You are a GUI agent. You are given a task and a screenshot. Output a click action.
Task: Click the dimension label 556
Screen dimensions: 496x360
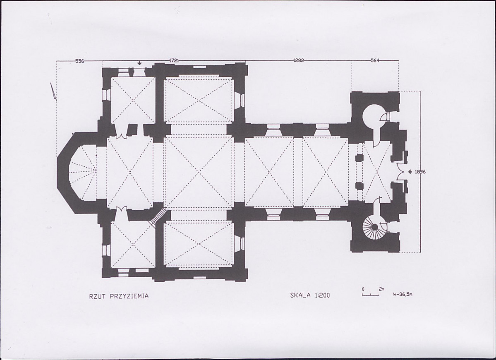(x=80, y=61)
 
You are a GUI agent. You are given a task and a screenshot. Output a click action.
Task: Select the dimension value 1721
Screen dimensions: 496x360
(x=174, y=60)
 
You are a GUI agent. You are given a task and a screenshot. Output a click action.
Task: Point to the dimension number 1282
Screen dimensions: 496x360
(x=298, y=60)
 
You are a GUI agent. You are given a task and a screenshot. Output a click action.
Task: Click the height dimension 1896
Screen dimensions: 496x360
(x=420, y=172)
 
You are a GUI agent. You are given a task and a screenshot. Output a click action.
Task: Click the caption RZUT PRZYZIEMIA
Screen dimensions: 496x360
(x=119, y=296)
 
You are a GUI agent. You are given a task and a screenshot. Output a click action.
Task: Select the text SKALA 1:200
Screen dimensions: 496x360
(x=310, y=295)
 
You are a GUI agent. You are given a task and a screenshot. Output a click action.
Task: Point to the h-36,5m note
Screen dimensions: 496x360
(x=403, y=294)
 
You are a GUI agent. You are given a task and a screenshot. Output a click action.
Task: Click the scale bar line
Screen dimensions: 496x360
(x=371, y=295)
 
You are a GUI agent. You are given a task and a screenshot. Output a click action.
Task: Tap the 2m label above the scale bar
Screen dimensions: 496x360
(x=382, y=289)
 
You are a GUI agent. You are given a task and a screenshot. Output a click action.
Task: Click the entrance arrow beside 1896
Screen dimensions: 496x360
(x=410, y=172)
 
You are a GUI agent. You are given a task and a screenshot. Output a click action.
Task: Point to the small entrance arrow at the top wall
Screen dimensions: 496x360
(x=139, y=63)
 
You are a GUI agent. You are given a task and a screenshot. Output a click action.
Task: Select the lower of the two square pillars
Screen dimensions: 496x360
(x=359, y=185)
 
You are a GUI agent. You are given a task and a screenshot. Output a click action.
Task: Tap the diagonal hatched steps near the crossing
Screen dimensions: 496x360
(x=157, y=217)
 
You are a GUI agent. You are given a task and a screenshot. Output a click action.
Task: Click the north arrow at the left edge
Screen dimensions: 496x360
(x=53, y=91)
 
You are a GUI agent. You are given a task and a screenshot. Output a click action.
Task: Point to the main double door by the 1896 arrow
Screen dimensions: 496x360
(x=401, y=172)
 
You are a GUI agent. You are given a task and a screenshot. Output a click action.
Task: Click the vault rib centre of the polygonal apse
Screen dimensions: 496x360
(x=96, y=170)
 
